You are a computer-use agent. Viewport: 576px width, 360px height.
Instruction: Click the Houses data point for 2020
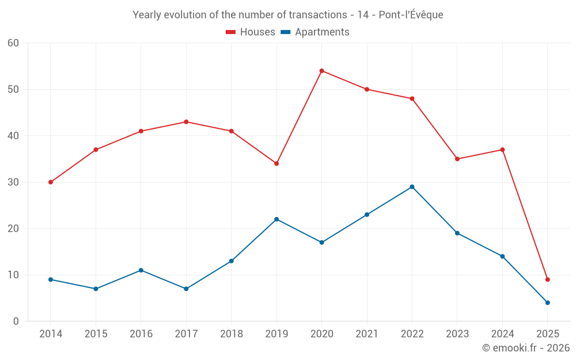pyautogui.click(x=321, y=71)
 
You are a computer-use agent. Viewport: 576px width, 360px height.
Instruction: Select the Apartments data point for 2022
pyautogui.click(x=412, y=187)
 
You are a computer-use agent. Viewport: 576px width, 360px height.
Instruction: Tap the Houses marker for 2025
pyautogui.click(x=547, y=279)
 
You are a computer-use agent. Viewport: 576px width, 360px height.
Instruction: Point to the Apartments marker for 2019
pyautogui.click(x=276, y=219)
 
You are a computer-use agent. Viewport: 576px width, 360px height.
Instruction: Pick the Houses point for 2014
pyautogui.click(x=51, y=182)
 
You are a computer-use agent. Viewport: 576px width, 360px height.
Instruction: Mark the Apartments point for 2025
pyautogui.click(x=547, y=302)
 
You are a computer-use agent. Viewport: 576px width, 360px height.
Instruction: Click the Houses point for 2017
pyautogui.click(x=186, y=122)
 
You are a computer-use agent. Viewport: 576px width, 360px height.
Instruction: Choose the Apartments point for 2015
pyautogui.click(x=96, y=289)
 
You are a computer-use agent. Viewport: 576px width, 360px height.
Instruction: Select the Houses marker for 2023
pyautogui.click(x=457, y=159)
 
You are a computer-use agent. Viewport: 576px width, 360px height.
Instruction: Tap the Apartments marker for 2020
pyautogui.click(x=321, y=242)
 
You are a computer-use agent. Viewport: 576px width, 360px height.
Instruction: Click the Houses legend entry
pyautogui.click(x=251, y=32)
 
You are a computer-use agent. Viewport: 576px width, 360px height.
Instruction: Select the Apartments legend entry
pyautogui.click(x=315, y=32)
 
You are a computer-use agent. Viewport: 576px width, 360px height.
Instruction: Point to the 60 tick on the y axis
pyautogui.click(x=13, y=43)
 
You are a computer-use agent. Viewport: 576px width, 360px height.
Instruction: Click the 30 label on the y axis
pyautogui.click(x=13, y=182)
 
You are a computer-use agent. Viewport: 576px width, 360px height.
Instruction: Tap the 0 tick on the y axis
pyautogui.click(x=16, y=321)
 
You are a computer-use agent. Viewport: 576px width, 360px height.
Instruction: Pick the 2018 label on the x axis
pyautogui.click(x=231, y=334)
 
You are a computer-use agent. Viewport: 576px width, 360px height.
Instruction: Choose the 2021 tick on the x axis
pyautogui.click(x=367, y=334)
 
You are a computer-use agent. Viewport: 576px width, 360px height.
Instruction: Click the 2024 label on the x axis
pyautogui.click(x=502, y=334)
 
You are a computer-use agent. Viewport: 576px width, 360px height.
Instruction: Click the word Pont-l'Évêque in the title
pyautogui.click(x=411, y=15)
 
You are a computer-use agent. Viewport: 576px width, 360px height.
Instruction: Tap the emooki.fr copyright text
pyautogui.click(x=526, y=348)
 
